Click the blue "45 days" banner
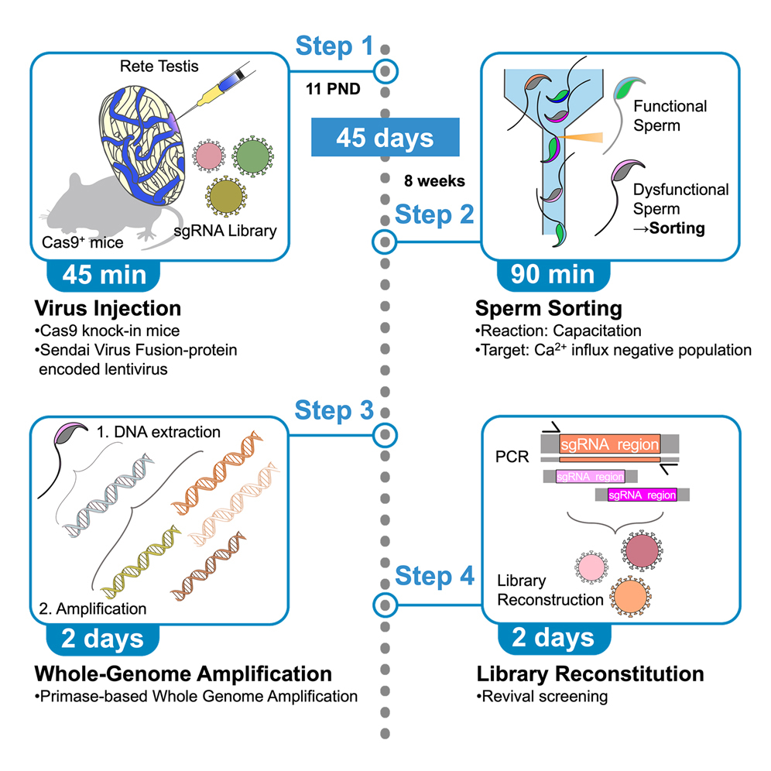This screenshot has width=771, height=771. click(x=385, y=139)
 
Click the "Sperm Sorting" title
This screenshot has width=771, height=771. click(x=549, y=309)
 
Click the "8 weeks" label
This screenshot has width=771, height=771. click(x=433, y=181)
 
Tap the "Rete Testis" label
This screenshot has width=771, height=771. click(x=152, y=68)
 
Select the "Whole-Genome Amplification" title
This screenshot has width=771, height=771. click(x=184, y=673)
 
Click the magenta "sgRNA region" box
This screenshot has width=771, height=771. click(x=642, y=494)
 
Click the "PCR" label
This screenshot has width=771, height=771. click(x=512, y=457)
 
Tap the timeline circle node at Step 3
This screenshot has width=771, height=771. click(x=385, y=436)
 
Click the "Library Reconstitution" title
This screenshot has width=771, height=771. click(x=590, y=673)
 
